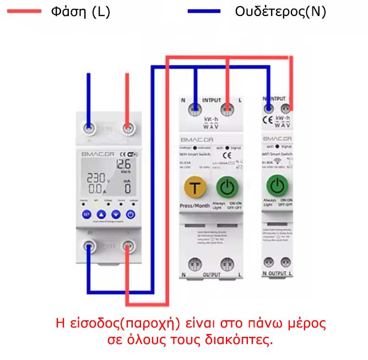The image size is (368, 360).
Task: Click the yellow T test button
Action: [194, 187]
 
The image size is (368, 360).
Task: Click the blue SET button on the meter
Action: [86, 214]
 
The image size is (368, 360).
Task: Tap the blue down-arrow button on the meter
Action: [115, 214]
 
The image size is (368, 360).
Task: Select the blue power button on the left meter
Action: [130, 214]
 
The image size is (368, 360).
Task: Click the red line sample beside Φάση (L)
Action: [21, 11]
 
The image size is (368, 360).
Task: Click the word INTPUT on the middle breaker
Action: [211, 101]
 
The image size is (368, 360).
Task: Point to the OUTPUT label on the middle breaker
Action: [211, 274]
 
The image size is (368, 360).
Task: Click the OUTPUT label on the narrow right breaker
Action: [278, 273]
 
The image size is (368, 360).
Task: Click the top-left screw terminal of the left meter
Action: [88, 127]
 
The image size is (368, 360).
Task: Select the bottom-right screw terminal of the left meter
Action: [128, 248]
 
